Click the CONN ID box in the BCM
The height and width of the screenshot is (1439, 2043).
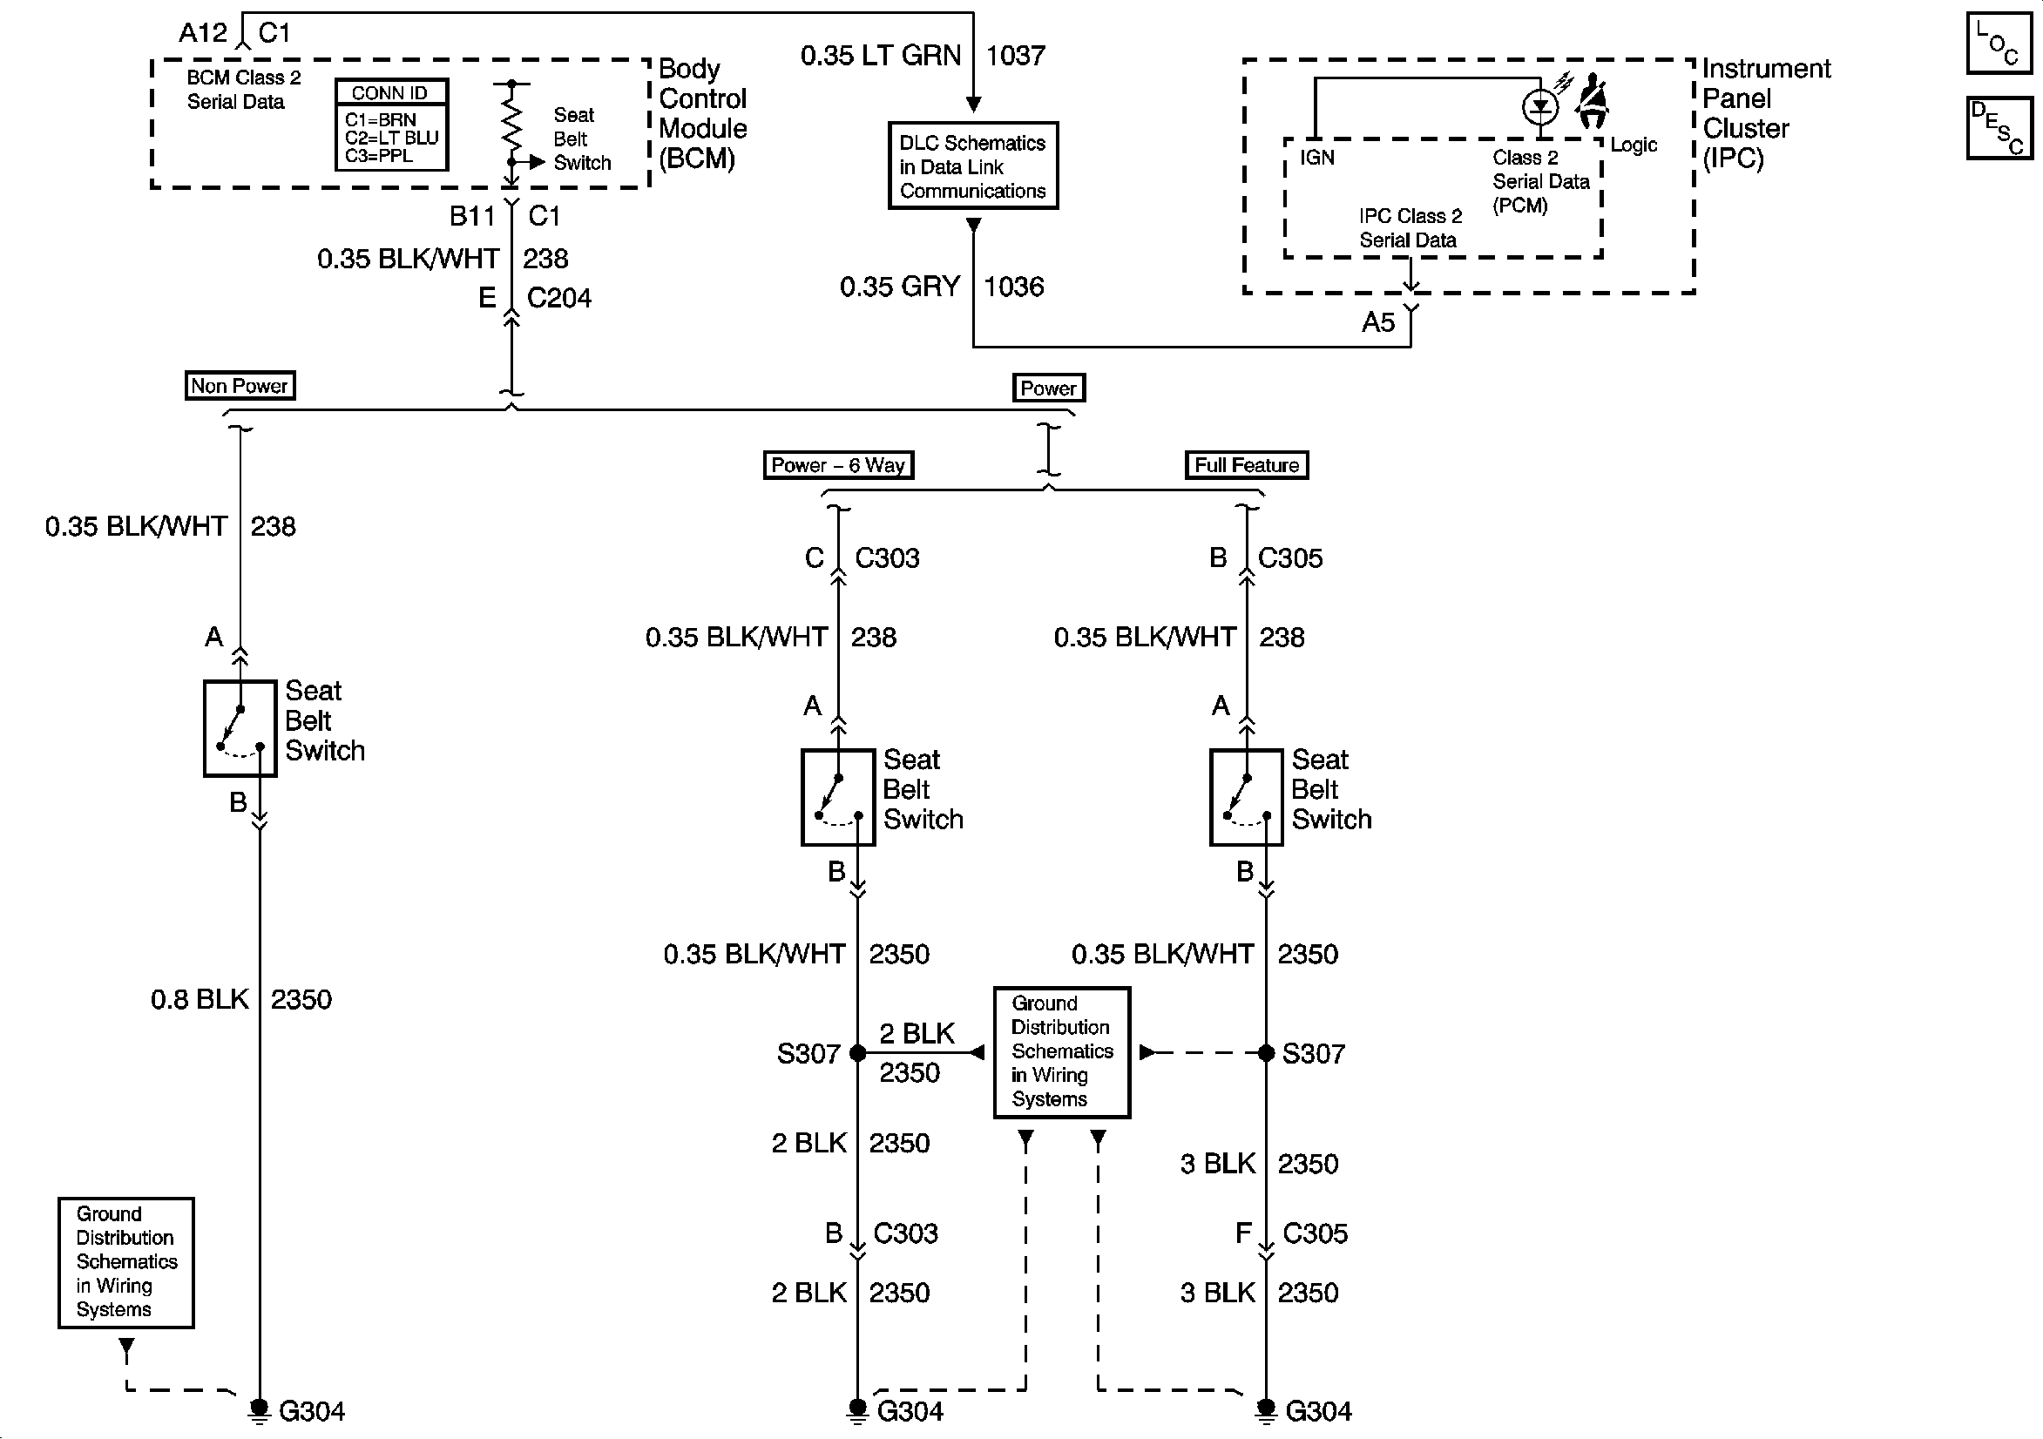(x=391, y=125)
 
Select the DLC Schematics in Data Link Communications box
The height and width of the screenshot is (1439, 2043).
(x=973, y=166)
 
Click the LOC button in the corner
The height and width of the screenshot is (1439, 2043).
(x=1999, y=43)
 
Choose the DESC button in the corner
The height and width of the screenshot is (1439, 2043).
(x=1999, y=128)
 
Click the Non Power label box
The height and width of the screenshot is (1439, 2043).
(x=240, y=386)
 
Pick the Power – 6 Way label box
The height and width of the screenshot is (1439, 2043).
(x=838, y=465)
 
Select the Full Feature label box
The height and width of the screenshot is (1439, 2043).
(x=1247, y=465)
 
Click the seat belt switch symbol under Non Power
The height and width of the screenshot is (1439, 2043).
(x=240, y=729)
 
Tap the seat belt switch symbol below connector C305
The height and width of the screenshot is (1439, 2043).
(x=1247, y=797)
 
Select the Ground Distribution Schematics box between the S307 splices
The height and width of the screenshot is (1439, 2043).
(x=1062, y=1052)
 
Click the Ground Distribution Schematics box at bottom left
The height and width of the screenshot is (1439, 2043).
(x=126, y=1263)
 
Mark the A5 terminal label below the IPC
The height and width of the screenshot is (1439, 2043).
(x=1378, y=322)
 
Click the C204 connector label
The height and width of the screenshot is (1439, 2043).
(x=558, y=298)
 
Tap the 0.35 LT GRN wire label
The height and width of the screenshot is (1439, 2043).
(x=881, y=56)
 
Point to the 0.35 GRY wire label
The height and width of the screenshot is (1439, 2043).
(x=900, y=287)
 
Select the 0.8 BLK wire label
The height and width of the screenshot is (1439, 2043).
(x=200, y=999)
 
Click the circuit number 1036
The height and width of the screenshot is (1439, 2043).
(x=1013, y=287)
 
